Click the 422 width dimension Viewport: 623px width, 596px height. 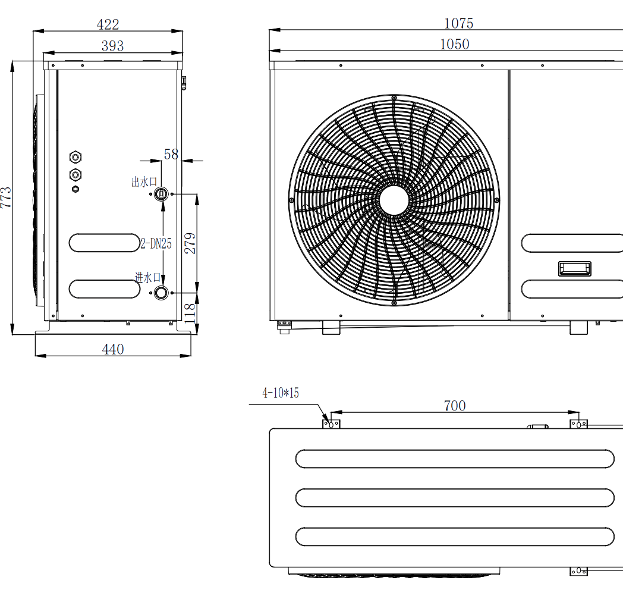pos(108,24)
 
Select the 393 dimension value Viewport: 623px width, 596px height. pos(112,46)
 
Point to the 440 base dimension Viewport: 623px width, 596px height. pos(113,350)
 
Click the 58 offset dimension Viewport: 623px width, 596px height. pos(171,154)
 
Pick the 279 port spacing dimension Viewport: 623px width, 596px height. pos(190,243)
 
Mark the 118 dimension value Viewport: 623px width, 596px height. pos(190,313)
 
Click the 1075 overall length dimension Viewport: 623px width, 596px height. pos(458,23)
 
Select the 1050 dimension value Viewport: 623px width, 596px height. pos(455,44)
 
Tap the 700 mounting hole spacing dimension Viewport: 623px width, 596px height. pos(455,406)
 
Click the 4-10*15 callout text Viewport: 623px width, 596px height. pos(281,393)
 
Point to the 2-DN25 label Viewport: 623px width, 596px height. pos(156,243)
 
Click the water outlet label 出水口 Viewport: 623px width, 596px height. pos(144,182)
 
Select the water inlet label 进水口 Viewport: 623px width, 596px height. pos(148,277)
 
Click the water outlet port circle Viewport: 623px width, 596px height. pos(161,194)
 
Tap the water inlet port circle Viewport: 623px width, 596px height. pos(161,293)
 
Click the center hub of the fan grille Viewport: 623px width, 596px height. pos(394,200)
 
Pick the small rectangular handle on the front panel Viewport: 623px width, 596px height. pos(574,269)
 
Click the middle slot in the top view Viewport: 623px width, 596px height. pos(455,498)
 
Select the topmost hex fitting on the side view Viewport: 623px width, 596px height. pos(75,158)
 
